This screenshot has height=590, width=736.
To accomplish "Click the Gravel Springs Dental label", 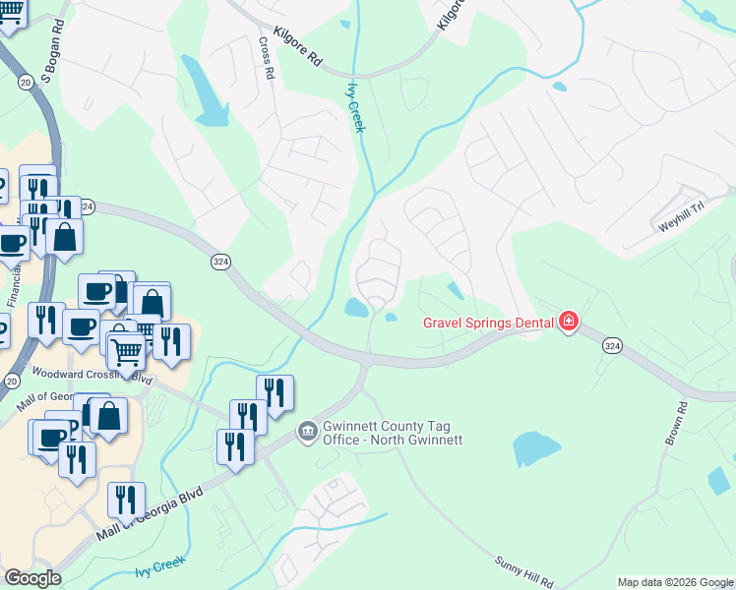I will [488, 323].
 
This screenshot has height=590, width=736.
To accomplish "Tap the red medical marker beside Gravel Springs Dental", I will [568, 322].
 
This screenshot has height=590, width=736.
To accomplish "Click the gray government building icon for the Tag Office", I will [307, 432].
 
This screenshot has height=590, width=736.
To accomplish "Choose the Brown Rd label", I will [675, 424].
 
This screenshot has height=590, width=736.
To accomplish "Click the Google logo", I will [32, 578].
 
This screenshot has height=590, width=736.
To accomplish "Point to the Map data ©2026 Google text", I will [675, 582].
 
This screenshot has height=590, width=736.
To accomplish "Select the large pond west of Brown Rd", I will [536, 449].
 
